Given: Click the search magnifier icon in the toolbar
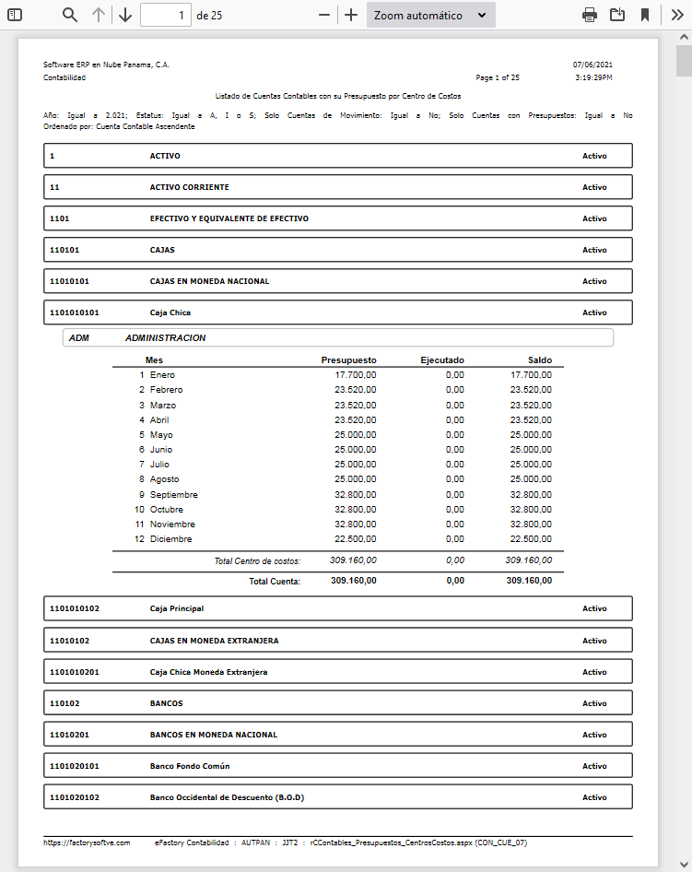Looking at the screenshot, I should click(70, 15).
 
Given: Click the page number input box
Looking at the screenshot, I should click(166, 15).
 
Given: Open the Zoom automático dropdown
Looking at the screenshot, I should click(430, 15).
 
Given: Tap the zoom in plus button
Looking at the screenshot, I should click(351, 15).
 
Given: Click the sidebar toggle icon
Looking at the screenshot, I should click(15, 15).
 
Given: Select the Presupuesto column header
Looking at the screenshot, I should click(348, 359).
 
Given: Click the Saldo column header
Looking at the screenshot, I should click(534, 359).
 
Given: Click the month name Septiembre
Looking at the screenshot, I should click(173, 494).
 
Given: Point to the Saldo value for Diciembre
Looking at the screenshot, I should click(531, 539).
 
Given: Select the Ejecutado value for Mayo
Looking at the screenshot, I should click(454, 434).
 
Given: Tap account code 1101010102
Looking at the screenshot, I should click(75, 608).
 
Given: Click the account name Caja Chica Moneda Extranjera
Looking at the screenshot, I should click(208, 672).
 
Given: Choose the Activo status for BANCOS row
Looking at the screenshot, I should click(594, 703).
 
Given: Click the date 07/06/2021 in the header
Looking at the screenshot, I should click(592, 65).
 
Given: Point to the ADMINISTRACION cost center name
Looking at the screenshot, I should click(166, 337).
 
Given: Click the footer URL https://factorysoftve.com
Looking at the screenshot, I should click(87, 843).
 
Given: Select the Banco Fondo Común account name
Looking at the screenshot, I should click(190, 766).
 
